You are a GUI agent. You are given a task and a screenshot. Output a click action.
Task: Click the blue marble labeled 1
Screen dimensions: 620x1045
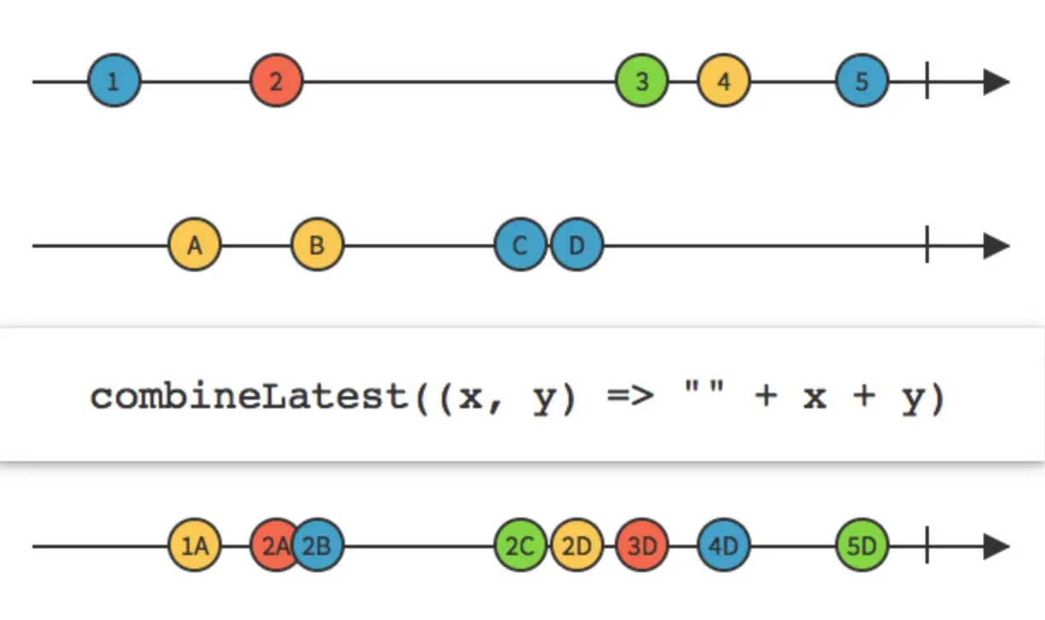(x=114, y=82)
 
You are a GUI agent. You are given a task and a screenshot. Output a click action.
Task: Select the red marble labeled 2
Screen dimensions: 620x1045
(x=276, y=82)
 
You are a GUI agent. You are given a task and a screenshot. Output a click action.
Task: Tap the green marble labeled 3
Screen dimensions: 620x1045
(x=642, y=82)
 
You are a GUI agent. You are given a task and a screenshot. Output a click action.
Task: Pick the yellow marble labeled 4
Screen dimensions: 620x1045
(x=724, y=82)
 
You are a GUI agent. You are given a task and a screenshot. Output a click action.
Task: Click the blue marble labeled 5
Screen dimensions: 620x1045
(x=861, y=82)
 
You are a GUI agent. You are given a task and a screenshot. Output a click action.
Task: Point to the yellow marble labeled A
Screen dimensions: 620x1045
(x=195, y=246)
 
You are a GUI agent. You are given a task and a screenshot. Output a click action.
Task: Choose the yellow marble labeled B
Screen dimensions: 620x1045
(x=317, y=246)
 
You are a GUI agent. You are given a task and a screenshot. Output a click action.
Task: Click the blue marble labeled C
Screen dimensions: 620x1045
(x=520, y=246)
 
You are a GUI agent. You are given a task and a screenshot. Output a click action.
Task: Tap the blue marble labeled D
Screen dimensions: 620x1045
(x=577, y=246)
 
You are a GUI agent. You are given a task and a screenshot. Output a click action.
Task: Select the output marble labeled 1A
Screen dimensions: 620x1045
(x=195, y=547)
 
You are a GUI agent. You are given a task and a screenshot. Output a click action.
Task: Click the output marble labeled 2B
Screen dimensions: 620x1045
(x=318, y=547)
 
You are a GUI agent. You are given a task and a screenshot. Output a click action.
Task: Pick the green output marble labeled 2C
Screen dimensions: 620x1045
(x=520, y=547)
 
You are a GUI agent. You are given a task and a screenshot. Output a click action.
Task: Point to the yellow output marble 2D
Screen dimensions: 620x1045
(x=577, y=547)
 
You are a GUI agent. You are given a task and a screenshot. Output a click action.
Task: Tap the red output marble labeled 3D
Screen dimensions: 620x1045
(x=642, y=547)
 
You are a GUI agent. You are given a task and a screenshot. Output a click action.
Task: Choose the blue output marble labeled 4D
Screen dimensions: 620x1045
(x=724, y=547)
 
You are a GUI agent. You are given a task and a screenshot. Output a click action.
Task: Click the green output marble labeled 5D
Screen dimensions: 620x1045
(x=861, y=547)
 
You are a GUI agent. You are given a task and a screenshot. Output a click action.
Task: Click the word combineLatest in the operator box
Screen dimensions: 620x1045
(x=252, y=397)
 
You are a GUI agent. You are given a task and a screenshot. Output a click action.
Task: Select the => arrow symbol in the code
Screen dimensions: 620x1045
(x=628, y=398)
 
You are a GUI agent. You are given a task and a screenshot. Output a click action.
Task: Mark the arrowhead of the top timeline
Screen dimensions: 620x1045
(x=996, y=82)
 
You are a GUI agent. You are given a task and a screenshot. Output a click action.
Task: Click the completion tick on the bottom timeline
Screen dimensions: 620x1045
(x=927, y=547)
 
